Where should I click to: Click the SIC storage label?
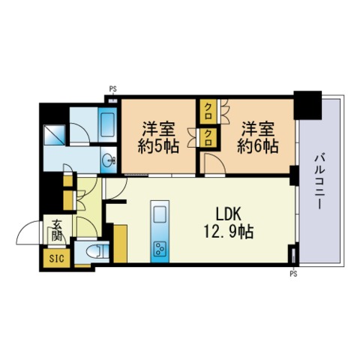[x=56, y=258]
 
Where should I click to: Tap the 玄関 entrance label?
[x=57, y=230]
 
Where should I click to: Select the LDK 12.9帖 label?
[x=229, y=223]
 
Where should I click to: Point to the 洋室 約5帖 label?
[x=158, y=137]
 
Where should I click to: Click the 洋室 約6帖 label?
[x=257, y=137]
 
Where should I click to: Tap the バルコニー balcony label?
[x=319, y=181]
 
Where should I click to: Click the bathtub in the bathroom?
[x=107, y=124]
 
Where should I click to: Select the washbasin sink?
[x=109, y=160]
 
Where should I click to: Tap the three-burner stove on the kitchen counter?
[x=160, y=249]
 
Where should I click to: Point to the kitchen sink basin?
[x=160, y=214]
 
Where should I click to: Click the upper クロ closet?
[x=208, y=112]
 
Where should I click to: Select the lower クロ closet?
[x=208, y=138]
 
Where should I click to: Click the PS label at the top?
[x=112, y=88]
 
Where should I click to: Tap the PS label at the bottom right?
[x=293, y=274]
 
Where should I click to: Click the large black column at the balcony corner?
[x=307, y=105]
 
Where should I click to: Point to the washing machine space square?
[x=54, y=135]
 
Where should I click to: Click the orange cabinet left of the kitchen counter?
[x=121, y=244]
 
